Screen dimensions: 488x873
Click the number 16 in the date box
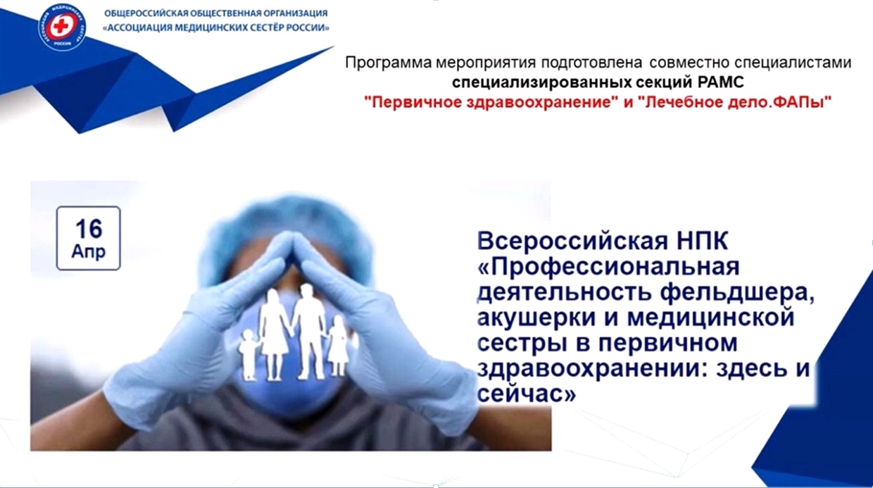coord(89,229)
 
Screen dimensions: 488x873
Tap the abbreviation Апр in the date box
coord(89,251)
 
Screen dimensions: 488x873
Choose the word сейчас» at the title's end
coord(525,394)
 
